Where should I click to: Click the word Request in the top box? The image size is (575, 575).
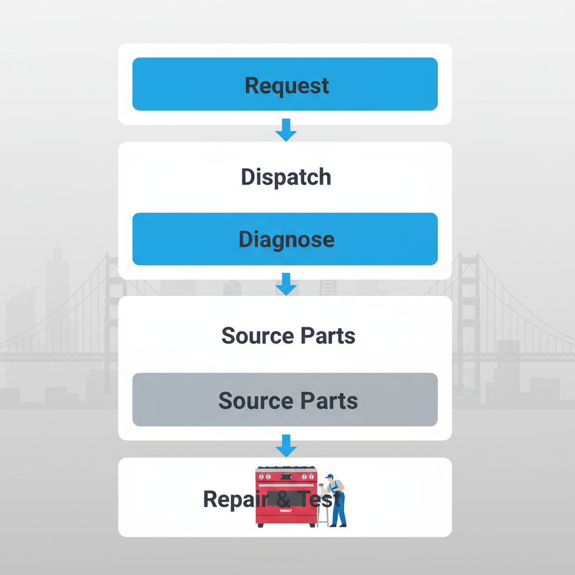coord(287,85)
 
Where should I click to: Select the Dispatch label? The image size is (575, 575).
coord(286,177)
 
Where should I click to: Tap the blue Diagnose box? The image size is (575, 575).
coord(285,239)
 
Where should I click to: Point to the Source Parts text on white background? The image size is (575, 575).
coord(288,336)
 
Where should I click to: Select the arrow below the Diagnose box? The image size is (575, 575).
coord(286,285)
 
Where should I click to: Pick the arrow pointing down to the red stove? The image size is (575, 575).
coord(286,446)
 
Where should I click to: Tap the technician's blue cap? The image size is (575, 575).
coord(330,476)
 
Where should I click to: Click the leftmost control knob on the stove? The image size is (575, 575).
coord(261,476)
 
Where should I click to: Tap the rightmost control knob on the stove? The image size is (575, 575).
coord(312,476)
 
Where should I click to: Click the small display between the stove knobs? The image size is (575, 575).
coord(286,476)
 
